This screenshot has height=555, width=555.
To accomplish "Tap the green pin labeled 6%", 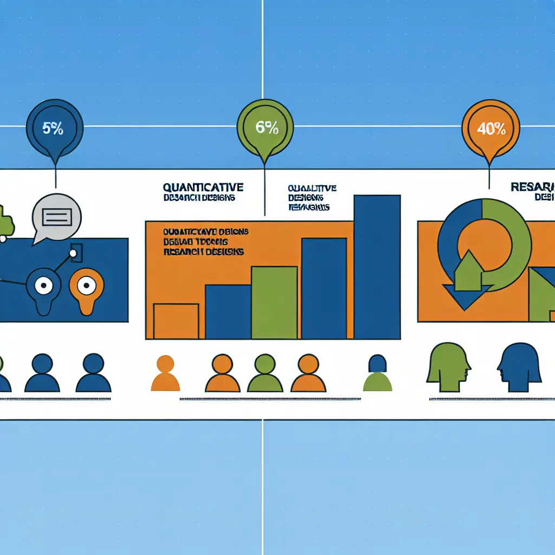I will pyautogui.click(x=266, y=128).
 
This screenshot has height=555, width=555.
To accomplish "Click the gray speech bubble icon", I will pyautogui.click(x=56, y=218).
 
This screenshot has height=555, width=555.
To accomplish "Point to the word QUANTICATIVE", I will pyautogui.click(x=203, y=188).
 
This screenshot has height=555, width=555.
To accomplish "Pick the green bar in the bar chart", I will pyautogui.click(x=274, y=302).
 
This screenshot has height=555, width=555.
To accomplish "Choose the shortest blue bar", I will pyautogui.click(x=228, y=312).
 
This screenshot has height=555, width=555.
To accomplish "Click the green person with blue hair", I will pyautogui.click(x=377, y=373).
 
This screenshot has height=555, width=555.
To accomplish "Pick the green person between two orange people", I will pyautogui.click(x=265, y=373).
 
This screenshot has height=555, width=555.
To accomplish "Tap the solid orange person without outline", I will pyautogui.click(x=165, y=373).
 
